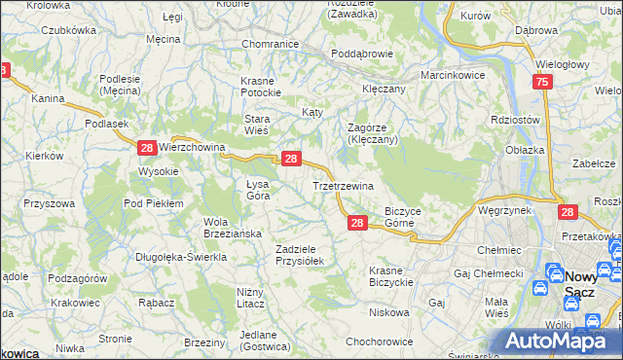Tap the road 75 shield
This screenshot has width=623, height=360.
click(543, 85)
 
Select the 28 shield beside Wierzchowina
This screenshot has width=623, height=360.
click(146, 147)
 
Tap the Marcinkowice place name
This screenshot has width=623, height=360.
click(453, 75)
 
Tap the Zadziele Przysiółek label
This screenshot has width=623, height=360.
click(306, 255)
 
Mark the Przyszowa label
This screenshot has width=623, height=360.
click(51, 203)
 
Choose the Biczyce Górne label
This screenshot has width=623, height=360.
click(402, 216)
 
